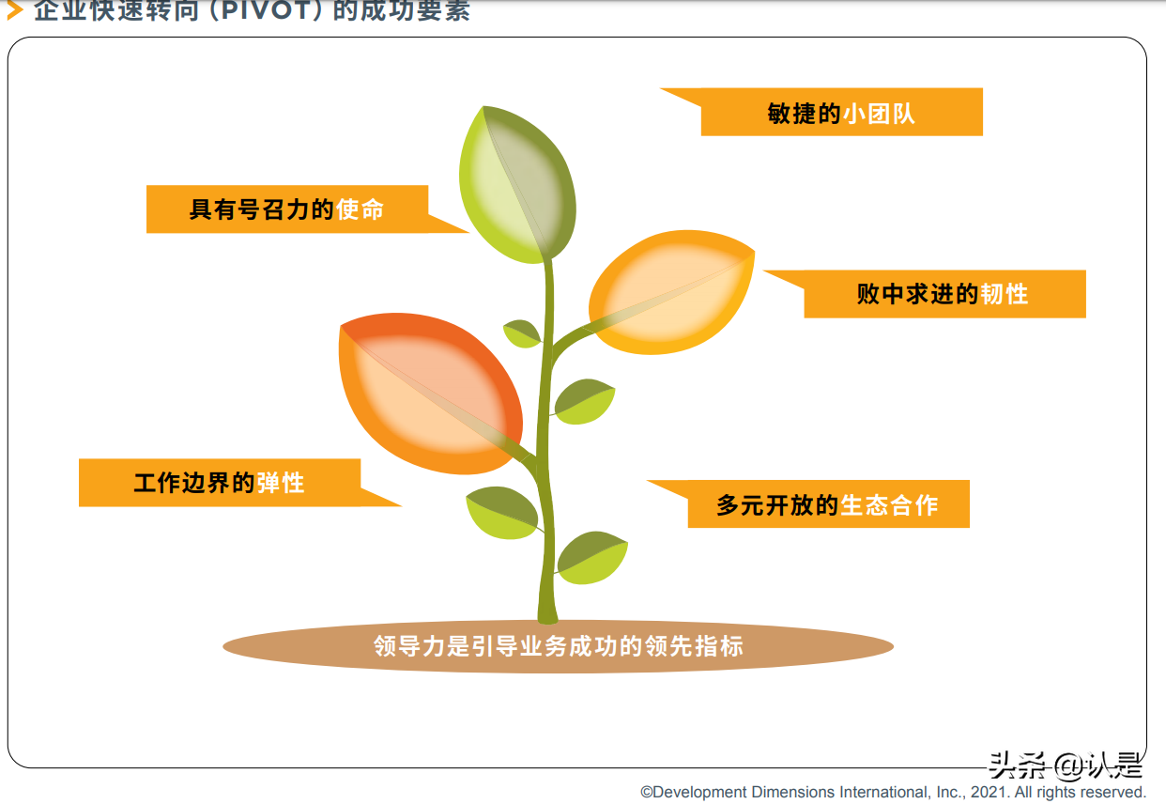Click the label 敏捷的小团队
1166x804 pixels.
coord(841,113)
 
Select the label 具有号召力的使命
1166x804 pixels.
coord(287,209)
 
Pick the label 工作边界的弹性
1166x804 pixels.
coord(220,483)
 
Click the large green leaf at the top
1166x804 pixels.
coord(516,183)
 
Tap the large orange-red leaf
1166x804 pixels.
coord(427,394)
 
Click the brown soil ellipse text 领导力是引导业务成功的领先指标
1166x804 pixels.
coord(558,646)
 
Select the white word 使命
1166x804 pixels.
coord(361,209)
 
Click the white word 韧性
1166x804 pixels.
coord(1005,294)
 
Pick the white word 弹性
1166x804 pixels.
coord(281,483)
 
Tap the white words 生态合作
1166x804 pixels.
coord(889,504)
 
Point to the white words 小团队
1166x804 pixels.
coord(879,113)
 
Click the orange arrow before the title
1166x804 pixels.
coord(14,11)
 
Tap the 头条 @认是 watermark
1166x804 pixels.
coord(1065,766)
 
